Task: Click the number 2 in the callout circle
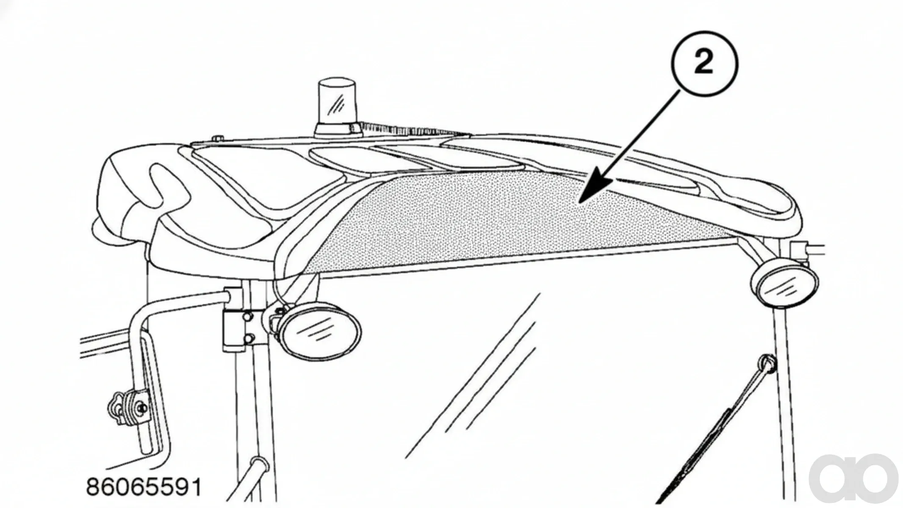pos(704,64)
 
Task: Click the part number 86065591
pos(144,487)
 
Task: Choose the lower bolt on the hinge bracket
pos(249,338)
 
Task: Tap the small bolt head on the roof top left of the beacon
pos(218,138)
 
